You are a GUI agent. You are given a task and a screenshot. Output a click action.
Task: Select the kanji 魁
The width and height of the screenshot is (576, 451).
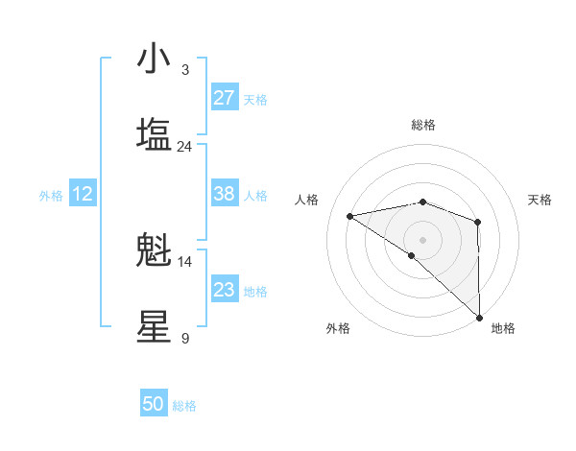coord(154,250)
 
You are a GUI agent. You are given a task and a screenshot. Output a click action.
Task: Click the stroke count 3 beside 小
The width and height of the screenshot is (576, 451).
coord(185,70)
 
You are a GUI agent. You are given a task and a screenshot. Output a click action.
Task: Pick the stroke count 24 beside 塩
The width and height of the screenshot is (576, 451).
coord(185,147)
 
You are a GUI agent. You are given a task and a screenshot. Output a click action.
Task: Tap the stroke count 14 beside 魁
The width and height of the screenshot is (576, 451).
coord(185,262)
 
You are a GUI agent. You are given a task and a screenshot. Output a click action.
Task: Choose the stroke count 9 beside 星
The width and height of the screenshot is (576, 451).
coord(185,339)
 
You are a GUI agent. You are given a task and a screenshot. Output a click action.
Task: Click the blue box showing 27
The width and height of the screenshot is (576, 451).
coord(225,98)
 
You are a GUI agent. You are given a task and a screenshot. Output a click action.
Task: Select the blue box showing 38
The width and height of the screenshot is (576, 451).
coord(225,194)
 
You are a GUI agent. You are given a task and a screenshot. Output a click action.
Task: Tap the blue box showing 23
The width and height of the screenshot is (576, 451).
coord(225,290)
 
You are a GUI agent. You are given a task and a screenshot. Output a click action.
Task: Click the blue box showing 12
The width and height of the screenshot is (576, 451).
coord(83,194)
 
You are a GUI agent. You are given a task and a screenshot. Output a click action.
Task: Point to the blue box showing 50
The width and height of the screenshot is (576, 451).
coord(154,404)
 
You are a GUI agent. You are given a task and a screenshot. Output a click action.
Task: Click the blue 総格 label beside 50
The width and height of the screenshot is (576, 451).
coord(185,406)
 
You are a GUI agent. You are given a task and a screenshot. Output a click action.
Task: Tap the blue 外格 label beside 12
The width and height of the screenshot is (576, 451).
coord(51,196)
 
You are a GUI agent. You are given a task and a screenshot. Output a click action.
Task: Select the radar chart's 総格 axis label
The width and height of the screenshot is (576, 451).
coord(423,125)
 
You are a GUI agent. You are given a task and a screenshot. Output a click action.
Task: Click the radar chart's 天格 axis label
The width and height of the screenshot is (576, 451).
coord(540,200)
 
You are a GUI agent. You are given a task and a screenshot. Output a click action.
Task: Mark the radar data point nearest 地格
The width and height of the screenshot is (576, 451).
coord(478,316)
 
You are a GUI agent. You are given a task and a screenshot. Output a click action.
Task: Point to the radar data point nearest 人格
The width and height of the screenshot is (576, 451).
coord(350,215)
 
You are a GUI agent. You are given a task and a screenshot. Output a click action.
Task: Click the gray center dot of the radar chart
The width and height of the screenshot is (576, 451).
coord(423,239)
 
